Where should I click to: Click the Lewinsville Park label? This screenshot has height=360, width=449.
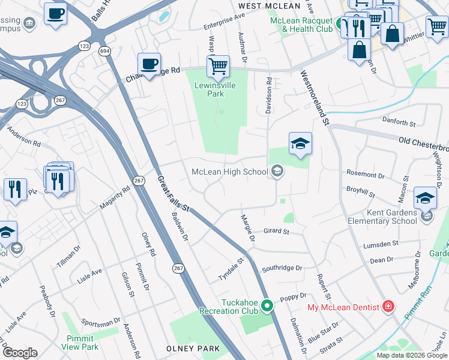(x=209, y=89)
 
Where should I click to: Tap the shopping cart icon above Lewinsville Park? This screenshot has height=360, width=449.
(x=218, y=66)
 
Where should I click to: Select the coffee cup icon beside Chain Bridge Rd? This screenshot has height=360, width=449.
(x=149, y=64)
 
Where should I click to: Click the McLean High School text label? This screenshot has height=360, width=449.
(x=229, y=172)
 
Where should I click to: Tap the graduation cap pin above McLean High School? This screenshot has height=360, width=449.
(x=300, y=144)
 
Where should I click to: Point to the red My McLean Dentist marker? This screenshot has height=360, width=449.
(x=389, y=307)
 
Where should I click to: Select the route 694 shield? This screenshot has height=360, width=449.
(x=105, y=51)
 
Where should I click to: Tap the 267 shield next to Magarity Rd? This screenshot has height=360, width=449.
(x=139, y=181)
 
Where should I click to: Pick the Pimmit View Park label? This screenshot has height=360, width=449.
(x=79, y=343)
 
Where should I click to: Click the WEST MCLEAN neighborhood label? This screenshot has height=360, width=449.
(x=268, y=6)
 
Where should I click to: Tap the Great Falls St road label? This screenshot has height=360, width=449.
(x=173, y=194)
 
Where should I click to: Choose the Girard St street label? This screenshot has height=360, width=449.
(x=276, y=231)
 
